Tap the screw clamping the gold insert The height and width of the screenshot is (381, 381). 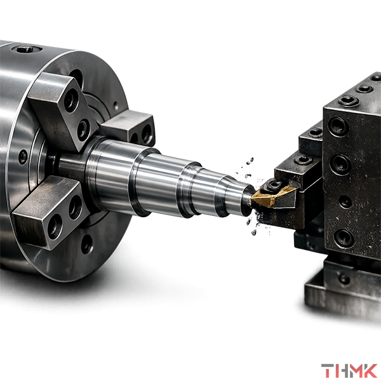pyautogui.click(x=274, y=185)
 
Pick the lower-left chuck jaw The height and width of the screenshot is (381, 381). pyautogui.click(x=50, y=212)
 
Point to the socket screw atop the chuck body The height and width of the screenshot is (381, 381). pyautogui.click(x=25, y=50)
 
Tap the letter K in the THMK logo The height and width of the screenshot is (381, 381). pyautogui.click(x=368, y=370)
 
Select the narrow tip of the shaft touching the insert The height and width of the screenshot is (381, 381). pyautogui.click(x=248, y=200)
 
